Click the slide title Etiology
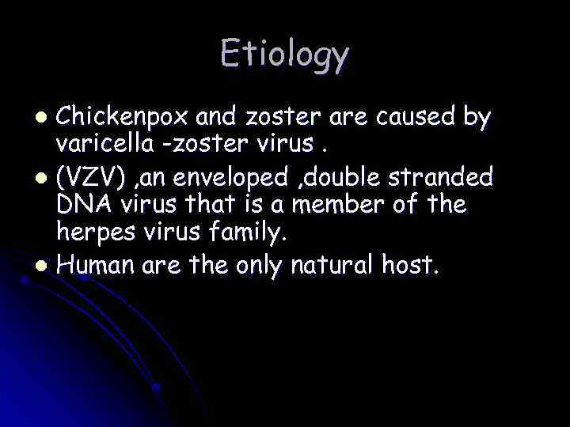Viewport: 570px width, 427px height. pos(284,55)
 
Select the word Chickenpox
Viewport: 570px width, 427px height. pos(122,119)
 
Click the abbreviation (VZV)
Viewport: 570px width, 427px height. pos(86,174)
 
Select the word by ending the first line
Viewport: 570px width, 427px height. pos(475,119)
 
